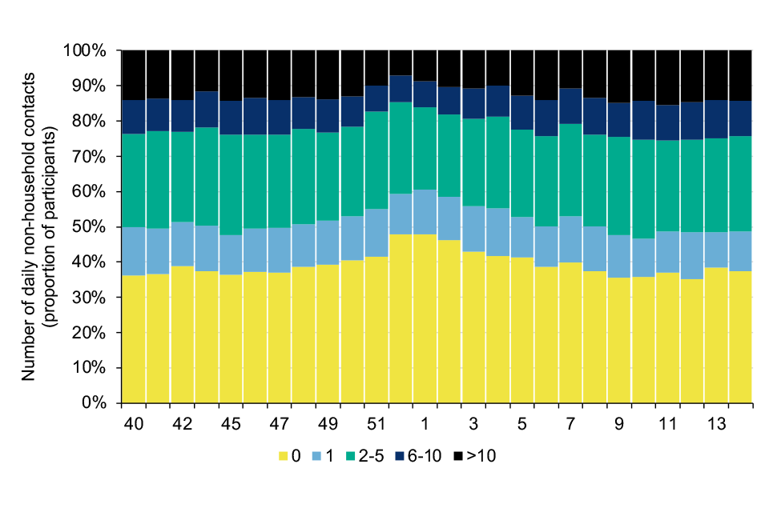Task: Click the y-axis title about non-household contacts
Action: [x=36, y=226]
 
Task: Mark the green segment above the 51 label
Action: [x=376, y=160]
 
